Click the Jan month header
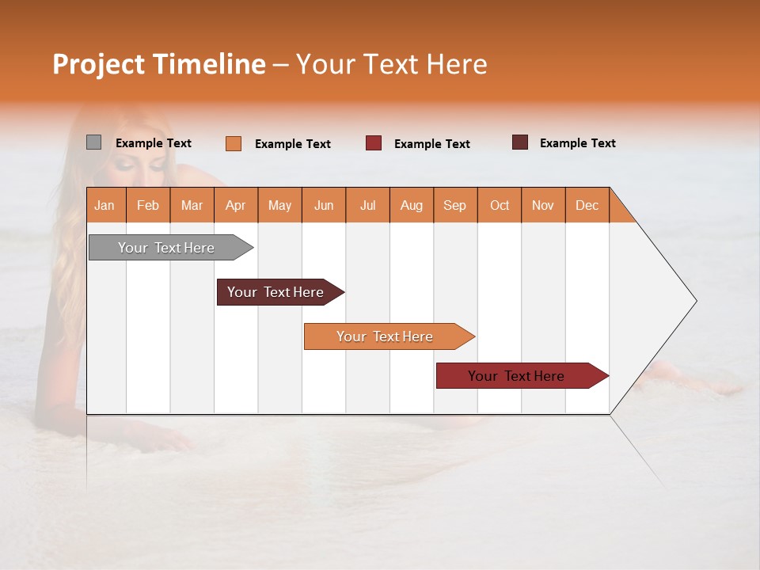[105, 205]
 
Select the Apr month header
[236, 205]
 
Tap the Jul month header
[367, 205]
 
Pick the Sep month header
[454, 205]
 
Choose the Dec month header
[587, 205]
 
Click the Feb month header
[148, 205]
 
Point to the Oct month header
[499, 205]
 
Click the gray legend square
[93, 142]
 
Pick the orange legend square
[234, 143]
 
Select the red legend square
[374, 143]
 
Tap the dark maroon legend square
[520, 142]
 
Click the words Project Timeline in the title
[159, 64]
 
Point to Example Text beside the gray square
[154, 143]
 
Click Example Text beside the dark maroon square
[578, 143]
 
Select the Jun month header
[324, 205]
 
